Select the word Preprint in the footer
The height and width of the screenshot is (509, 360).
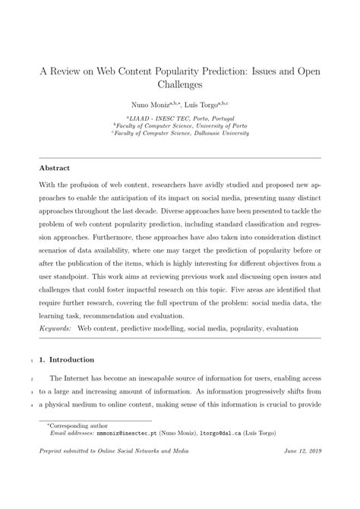(x=55, y=472)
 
